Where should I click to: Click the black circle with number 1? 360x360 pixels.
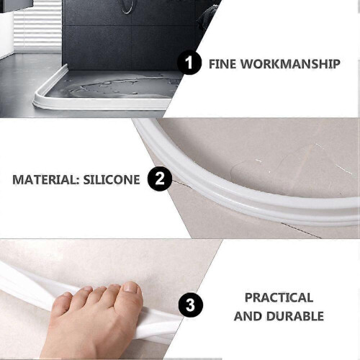[x=189, y=63]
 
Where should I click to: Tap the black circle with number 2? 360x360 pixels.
[x=160, y=179]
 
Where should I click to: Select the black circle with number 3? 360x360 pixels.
[x=191, y=305]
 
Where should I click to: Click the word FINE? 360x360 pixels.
[x=222, y=64]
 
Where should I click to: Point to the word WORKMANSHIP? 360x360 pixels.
[x=290, y=64]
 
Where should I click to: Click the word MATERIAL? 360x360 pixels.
[x=44, y=180]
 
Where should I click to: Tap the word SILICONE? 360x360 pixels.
[x=112, y=180]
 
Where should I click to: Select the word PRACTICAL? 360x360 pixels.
[x=279, y=297]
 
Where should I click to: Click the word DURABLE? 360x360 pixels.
[x=295, y=316]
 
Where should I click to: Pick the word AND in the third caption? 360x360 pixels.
[x=248, y=316]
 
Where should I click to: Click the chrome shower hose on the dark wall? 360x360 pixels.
[x=127, y=6]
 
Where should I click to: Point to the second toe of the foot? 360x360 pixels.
[x=112, y=291]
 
